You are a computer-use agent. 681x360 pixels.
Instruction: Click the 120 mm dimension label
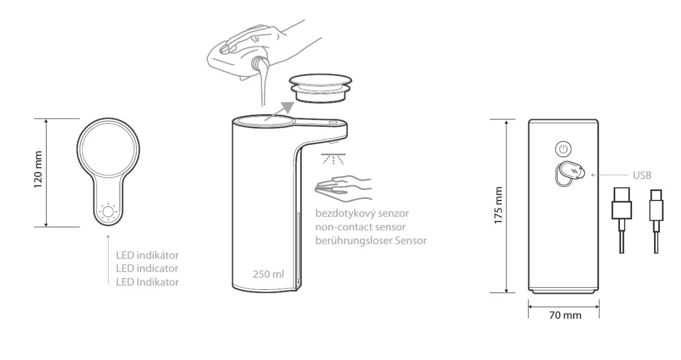(x=38, y=169)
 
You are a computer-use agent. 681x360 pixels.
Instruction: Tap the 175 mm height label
(x=498, y=206)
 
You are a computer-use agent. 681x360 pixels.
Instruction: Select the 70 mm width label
(x=565, y=315)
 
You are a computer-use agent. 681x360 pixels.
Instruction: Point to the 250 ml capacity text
(x=268, y=274)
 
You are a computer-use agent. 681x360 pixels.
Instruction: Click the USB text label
(x=642, y=175)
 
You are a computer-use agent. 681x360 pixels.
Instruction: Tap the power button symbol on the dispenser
(x=563, y=149)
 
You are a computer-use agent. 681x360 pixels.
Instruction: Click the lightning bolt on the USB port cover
(x=575, y=171)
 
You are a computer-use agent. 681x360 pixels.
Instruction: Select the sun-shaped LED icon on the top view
(x=108, y=211)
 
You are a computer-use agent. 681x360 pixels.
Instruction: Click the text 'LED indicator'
(x=147, y=269)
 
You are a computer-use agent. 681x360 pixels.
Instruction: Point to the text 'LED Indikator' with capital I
(x=147, y=282)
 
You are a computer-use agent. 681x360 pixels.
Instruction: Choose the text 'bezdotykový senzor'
(x=362, y=213)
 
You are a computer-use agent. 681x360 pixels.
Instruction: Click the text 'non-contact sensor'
(x=360, y=227)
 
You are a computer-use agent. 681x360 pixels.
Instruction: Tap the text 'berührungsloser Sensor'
(x=371, y=241)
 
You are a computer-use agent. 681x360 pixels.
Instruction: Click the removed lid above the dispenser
(x=321, y=88)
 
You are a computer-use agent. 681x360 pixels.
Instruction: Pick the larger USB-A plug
(x=622, y=203)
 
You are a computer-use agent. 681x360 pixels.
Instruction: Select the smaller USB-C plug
(x=656, y=205)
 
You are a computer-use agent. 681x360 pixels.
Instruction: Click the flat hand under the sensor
(x=343, y=188)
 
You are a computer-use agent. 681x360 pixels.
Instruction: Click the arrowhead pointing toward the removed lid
(x=287, y=108)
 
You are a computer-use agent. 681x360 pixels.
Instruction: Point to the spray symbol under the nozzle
(x=333, y=159)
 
